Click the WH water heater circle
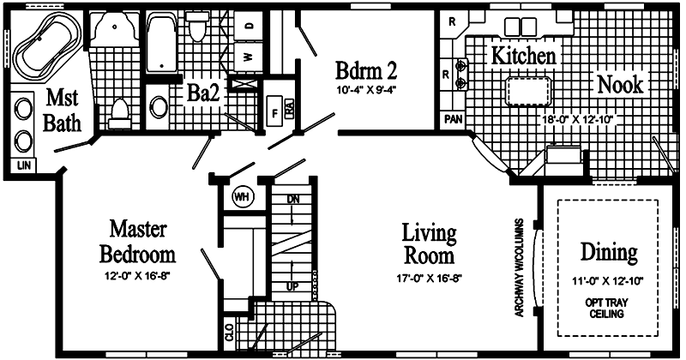(x=242, y=197)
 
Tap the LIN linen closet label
(x=24, y=165)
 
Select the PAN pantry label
(x=454, y=119)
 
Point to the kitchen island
(x=528, y=91)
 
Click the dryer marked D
(x=249, y=26)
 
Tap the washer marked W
(x=249, y=57)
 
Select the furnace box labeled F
(x=274, y=111)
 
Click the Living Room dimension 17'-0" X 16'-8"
(x=430, y=279)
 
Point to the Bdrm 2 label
(x=366, y=70)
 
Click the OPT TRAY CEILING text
(x=606, y=308)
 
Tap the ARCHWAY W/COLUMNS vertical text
(x=519, y=267)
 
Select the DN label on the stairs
(x=293, y=200)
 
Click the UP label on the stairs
(x=292, y=286)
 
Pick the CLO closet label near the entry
(x=229, y=333)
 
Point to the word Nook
(x=620, y=84)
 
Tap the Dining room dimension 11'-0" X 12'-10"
(x=608, y=281)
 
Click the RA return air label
(x=290, y=109)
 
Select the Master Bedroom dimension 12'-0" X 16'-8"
(x=137, y=276)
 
